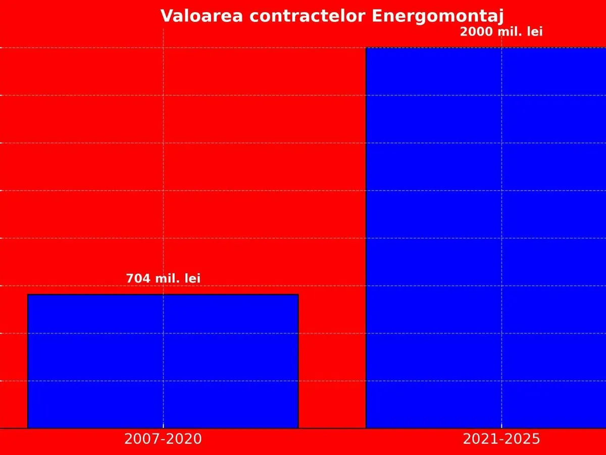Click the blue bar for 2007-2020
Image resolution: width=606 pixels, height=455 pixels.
163,361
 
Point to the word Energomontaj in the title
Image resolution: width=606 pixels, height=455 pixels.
438,17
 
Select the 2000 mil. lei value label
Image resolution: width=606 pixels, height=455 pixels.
501,32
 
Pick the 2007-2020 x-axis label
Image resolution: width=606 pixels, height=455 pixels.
163,439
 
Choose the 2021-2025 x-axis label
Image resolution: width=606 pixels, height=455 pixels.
501,439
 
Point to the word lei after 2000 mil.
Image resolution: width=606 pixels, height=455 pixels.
534,32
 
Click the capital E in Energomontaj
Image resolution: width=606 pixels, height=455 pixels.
377,16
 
